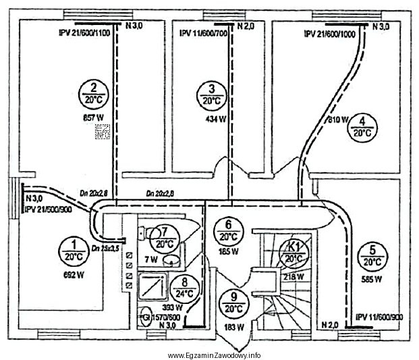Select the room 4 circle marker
coord(362,127)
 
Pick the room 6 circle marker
coord(228,231)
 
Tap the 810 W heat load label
coord(339,120)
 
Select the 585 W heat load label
coord(371,278)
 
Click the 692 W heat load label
coord(72,275)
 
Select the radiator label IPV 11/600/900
coord(379,316)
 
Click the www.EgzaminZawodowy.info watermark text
coord(215,355)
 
